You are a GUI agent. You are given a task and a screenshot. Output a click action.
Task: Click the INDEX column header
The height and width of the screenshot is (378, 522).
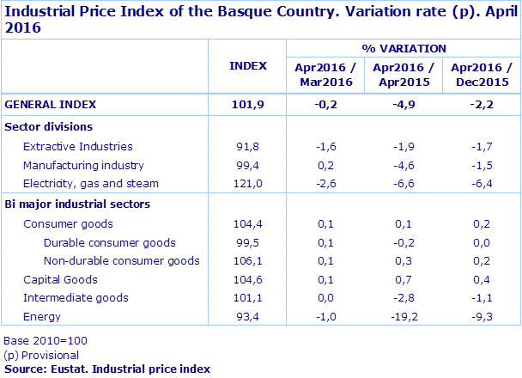(248, 66)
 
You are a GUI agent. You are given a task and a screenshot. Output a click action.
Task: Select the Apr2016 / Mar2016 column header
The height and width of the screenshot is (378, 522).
(326, 74)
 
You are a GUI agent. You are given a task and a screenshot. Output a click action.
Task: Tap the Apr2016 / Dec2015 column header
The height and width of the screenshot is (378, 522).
(482, 74)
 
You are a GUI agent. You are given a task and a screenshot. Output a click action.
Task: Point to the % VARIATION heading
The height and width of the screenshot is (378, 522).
(404, 49)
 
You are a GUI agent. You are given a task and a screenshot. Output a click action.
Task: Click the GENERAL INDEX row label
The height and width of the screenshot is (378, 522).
(51, 105)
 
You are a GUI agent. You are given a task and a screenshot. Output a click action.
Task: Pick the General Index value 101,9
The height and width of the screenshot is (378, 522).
(248, 105)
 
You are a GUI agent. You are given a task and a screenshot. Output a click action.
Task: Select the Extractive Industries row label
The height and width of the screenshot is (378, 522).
(77, 147)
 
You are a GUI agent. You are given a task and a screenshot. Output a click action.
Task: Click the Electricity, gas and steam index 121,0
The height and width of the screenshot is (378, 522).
(248, 184)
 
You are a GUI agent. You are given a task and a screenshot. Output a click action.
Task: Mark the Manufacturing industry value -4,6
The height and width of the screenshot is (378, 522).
(404, 165)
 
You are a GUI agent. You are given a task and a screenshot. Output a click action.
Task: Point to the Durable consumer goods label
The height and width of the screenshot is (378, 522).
(109, 243)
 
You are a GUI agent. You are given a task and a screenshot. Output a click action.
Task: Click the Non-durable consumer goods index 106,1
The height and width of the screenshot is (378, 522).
(248, 261)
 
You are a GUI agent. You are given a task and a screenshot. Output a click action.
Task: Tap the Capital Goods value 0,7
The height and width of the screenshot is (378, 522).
(404, 280)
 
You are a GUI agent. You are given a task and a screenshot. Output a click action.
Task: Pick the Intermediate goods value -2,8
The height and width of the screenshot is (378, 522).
(404, 298)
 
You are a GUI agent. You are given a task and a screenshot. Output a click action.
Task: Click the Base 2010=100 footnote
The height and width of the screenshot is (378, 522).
(45, 341)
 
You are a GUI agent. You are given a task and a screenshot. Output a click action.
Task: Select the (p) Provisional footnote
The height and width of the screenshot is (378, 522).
(41, 355)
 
